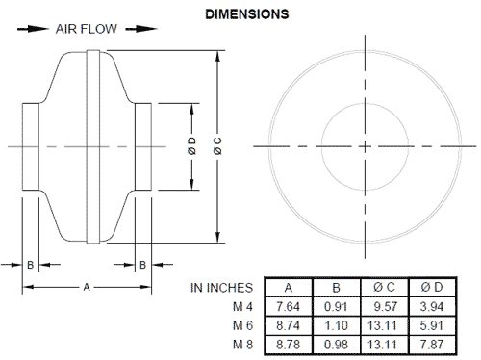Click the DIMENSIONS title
(246, 15)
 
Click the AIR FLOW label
(86, 29)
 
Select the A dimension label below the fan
(87, 286)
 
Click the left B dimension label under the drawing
(32, 263)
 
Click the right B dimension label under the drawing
(142, 263)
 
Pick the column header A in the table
(288, 287)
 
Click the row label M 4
(244, 306)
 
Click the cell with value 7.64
(288, 306)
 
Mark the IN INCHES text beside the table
(222, 287)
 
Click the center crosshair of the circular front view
(365, 146)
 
